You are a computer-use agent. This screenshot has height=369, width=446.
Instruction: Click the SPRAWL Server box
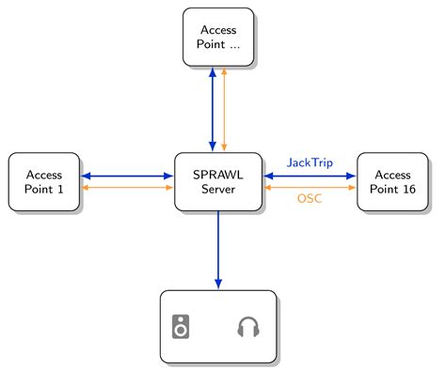pyautogui.click(x=217, y=181)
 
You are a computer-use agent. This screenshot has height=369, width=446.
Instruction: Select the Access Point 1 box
pyautogui.click(x=44, y=181)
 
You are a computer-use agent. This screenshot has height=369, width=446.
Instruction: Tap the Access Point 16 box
pyautogui.click(x=391, y=181)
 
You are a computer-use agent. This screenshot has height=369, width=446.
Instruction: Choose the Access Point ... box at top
pyautogui.click(x=217, y=37)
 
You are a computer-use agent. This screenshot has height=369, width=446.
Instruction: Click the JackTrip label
pyautogui.click(x=310, y=162)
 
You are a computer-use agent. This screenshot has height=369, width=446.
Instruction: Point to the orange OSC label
pyautogui.click(x=310, y=199)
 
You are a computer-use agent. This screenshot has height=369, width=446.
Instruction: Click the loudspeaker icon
pyautogui.click(x=182, y=327)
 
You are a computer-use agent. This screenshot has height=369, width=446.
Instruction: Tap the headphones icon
pyautogui.click(x=247, y=327)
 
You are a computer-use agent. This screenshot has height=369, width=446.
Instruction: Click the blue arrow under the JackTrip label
pyautogui.click(x=310, y=176)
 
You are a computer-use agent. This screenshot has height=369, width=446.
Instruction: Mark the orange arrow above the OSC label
pyautogui.click(x=310, y=188)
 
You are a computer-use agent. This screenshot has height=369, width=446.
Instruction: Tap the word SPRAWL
pyautogui.click(x=217, y=175)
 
